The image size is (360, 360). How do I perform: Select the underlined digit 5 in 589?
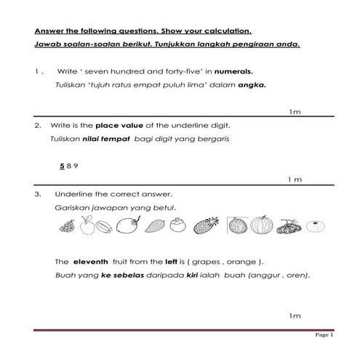pyautogui.click(x=62, y=166)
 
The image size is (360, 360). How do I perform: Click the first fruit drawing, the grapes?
pyautogui.click(x=66, y=228)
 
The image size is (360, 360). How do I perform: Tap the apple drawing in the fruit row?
pyautogui.click(x=87, y=228)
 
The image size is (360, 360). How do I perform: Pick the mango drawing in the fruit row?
pyautogui.click(x=153, y=228)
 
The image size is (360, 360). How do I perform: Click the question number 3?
pyautogui.click(x=36, y=195)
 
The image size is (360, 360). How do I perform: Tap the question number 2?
pyautogui.click(x=37, y=127)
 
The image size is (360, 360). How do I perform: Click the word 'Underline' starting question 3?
pyautogui.click(x=71, y=195)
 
